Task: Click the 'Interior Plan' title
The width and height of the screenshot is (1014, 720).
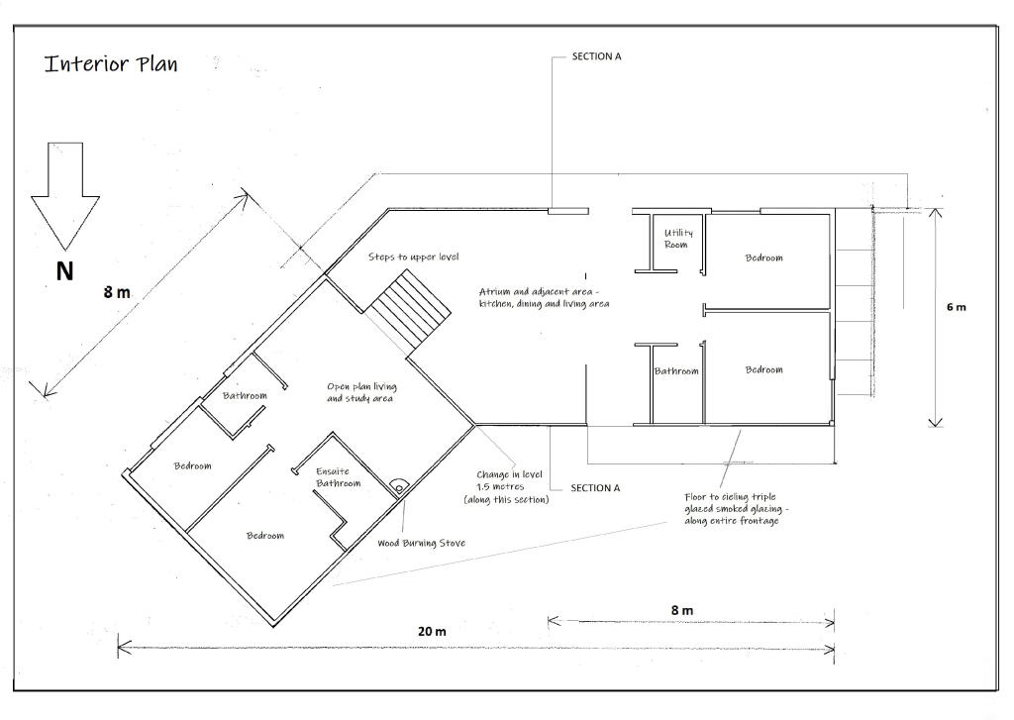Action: [111, 63]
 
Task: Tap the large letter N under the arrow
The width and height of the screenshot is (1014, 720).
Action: [64, 271]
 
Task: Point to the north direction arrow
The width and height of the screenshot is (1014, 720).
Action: [65, 195]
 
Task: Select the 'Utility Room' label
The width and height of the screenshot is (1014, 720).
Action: [677, 239]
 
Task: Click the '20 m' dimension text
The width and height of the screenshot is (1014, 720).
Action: [432, 632]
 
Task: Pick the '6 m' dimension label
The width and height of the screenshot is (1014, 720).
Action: [956, 307]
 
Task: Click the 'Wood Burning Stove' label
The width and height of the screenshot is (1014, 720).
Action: [421, 543]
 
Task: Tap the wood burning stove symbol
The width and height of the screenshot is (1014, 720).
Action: [399, 486]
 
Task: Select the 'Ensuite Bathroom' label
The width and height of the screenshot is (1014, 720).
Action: [338, 477]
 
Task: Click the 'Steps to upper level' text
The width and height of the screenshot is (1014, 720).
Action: [413, 257]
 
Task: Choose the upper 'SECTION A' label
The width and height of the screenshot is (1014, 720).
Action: [596, 56]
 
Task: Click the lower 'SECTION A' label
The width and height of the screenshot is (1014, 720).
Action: [595, 488]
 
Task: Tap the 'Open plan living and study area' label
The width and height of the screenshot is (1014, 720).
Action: [360, 392]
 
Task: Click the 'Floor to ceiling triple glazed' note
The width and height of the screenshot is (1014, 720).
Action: [737, 509]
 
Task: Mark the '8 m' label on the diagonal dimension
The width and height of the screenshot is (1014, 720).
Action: [117, 292]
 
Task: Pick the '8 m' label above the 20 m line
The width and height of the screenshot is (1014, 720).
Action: [682, 610]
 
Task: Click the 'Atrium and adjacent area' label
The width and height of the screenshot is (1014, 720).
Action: [544, 297]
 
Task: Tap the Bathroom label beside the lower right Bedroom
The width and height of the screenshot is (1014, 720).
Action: [676, 371]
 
